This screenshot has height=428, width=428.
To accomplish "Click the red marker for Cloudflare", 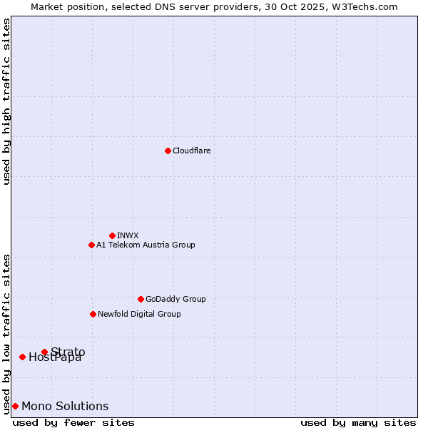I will pos(168,151).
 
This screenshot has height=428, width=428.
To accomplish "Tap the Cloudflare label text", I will pos(192,151).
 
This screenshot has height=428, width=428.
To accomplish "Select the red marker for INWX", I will pos(112,235).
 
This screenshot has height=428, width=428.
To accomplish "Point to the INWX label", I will pos(128,235).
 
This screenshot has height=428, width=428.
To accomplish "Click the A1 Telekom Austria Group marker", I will pos(91,245).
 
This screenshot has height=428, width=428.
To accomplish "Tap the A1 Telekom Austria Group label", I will pos(146,245).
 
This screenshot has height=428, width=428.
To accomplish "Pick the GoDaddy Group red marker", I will pos(141,299).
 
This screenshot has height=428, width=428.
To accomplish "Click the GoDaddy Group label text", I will pos(175,299).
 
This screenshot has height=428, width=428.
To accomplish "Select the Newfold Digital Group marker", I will pos(93,314).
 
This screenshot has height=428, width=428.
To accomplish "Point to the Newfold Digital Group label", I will pos(139,314).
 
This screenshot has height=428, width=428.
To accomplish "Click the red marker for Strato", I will pos(44,352).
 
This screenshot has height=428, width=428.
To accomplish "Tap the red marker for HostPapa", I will pos(22,357).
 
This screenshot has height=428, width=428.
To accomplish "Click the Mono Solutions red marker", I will pos(15,406).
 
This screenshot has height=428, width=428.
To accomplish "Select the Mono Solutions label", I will pos(65,406).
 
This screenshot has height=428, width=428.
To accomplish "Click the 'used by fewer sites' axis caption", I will pos(73,422).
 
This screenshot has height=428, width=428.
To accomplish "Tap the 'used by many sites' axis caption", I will pos(358,422).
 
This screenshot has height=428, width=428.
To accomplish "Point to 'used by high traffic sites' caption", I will pos(6,101).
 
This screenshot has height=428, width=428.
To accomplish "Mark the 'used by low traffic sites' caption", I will pos(6,333).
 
